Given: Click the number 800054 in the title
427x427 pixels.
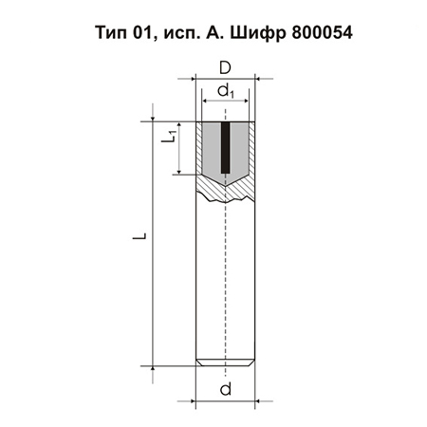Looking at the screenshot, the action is tap(322, 32).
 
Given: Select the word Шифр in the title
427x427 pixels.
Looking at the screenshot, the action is tap(258, 33).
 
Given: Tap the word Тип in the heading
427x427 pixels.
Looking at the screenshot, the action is tap(111, 32).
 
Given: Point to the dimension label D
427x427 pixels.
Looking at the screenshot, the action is tap(225, 67).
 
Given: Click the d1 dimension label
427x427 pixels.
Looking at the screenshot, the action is tap(226, 91).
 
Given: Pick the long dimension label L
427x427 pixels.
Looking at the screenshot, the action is tap(139, 236).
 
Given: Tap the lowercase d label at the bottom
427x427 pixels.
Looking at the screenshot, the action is tap(226, 389).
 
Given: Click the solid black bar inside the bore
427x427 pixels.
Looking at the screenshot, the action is tap(225, 147).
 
